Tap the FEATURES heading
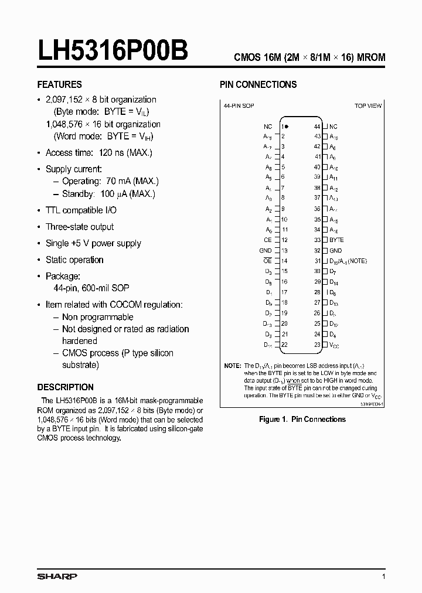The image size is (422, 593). (60, 84)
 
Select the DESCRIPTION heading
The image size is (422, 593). (65, 387)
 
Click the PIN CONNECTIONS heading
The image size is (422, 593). (258, 84)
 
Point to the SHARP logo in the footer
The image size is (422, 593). (57, 577)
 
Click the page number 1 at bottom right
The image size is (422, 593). (383, 577)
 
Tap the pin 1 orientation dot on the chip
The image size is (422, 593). (287, 126)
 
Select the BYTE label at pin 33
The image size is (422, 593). (336, 240)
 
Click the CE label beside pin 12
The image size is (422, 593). (267, 240)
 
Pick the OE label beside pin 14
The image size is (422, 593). (267, 261)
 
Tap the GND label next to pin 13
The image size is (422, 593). (266, 250)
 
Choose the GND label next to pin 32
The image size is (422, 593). (335, 250)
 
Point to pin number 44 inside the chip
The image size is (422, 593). (317, 127)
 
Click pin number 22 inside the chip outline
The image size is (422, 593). (284, 345)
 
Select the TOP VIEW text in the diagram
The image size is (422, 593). (368, 106)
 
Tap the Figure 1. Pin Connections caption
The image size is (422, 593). (302, 419)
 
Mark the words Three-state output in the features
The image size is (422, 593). (80, 227)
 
